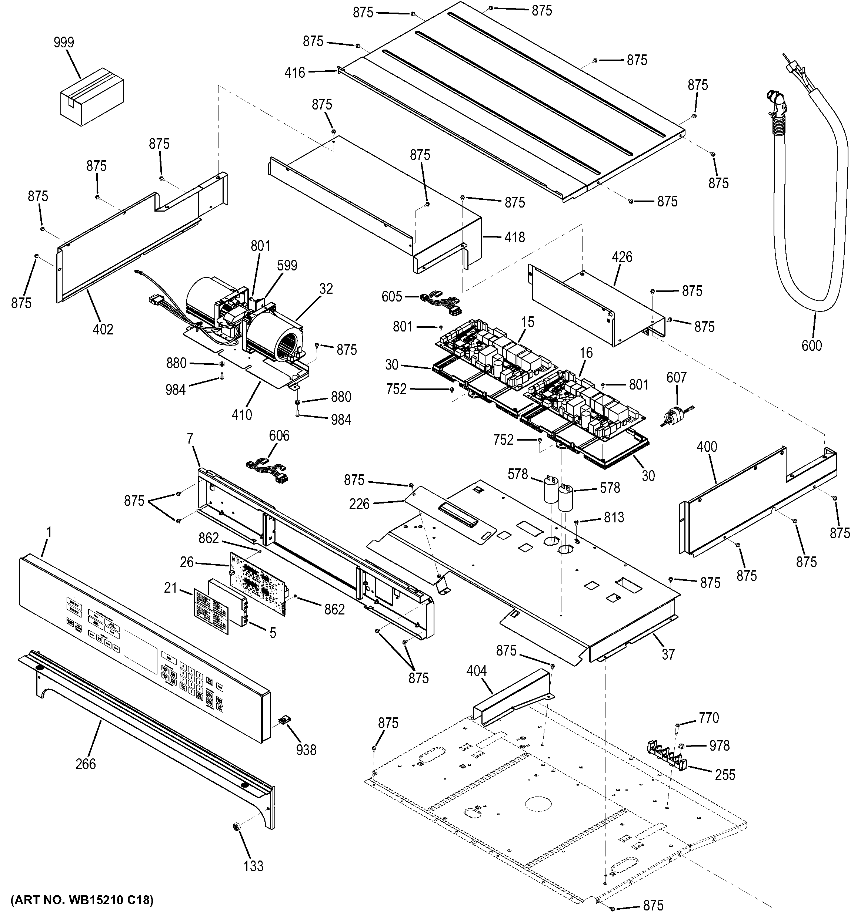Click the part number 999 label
click(x=64, y=43)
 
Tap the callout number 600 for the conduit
click(x=811, y=345)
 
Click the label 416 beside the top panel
click(x=295, y=73)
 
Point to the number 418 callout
click(x=514, y=237)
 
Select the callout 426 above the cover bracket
click(x=622, y=257)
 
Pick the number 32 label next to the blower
click(x=326, y=289)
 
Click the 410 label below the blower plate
click(x=242, y=415)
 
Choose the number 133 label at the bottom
click(x=253, y=866)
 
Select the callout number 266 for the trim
click(x=86, y=764)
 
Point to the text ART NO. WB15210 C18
click(x=81, y=899)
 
